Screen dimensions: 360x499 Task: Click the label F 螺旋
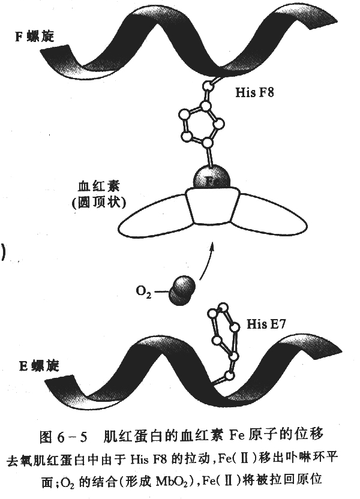coord(34,36)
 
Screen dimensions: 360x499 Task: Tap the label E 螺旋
coord(39,366)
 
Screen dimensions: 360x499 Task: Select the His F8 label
coord(254,92)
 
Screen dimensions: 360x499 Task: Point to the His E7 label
coord(266,324)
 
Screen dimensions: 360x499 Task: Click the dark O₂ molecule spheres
coord(181,290)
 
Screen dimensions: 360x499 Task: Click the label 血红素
coord(98,186)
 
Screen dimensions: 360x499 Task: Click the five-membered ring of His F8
coord(202,124)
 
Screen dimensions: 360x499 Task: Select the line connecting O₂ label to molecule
coord(160,291)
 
